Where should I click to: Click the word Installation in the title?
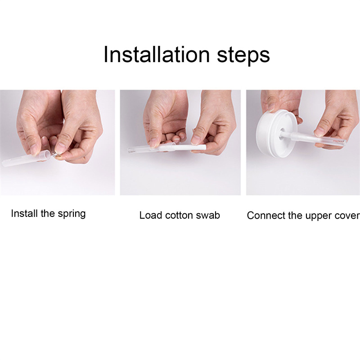[x=157, y=54]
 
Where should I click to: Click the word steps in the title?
[x=243, y=56]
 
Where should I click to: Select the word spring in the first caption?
[x=72, y=214]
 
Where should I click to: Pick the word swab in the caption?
[x=208, y=215]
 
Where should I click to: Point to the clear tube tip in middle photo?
[x=130, y=151]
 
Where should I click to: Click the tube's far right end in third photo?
[x=344, y=142]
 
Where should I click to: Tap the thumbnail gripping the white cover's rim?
[x=271, y=107]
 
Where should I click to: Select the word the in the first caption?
[x=48, y=213]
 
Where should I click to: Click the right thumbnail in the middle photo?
[x=196, y=140]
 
